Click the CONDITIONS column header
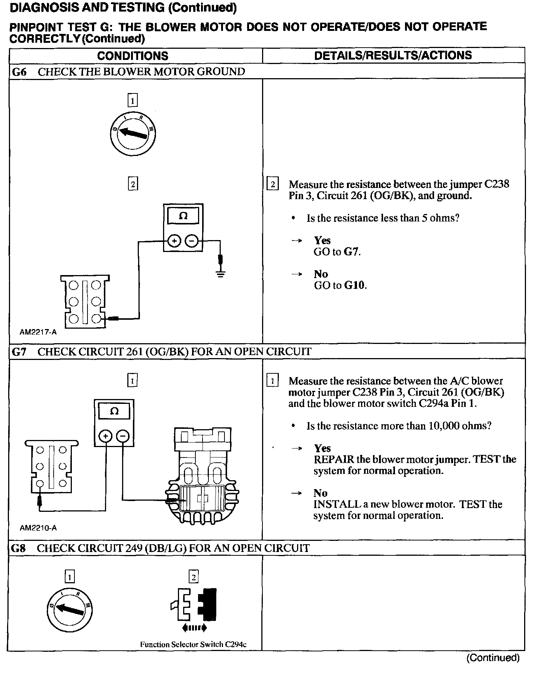point(133,56)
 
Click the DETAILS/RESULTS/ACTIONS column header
point(393,55)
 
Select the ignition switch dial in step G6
point(133,133)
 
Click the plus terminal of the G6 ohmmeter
point(173,241)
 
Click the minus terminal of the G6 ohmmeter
point(192,241)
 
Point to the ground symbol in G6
point(221,274)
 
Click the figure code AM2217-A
point(38,332)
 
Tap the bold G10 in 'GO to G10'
point(354,286)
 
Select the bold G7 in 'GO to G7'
point(351,252)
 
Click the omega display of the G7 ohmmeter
point(114,411)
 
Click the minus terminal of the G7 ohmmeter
point(123,436)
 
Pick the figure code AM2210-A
point(38,528)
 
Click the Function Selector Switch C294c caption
point(193,644)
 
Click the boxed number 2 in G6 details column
point(273,184)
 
